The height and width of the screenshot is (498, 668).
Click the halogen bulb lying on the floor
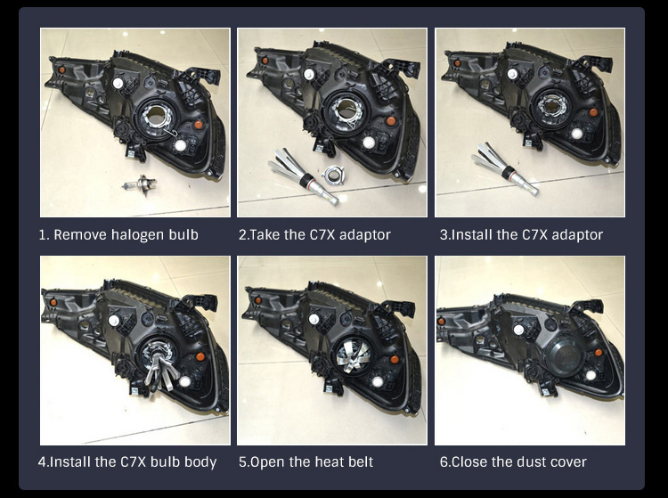[140, 185]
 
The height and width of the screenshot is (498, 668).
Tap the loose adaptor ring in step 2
[331, 175]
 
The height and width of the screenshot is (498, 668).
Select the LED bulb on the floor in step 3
[504, 169]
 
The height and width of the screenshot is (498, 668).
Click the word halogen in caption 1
[137, 235]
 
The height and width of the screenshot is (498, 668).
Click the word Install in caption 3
[472, 234]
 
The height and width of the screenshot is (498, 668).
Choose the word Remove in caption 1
[80, 234]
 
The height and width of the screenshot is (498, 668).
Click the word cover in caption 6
[568, 461]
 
